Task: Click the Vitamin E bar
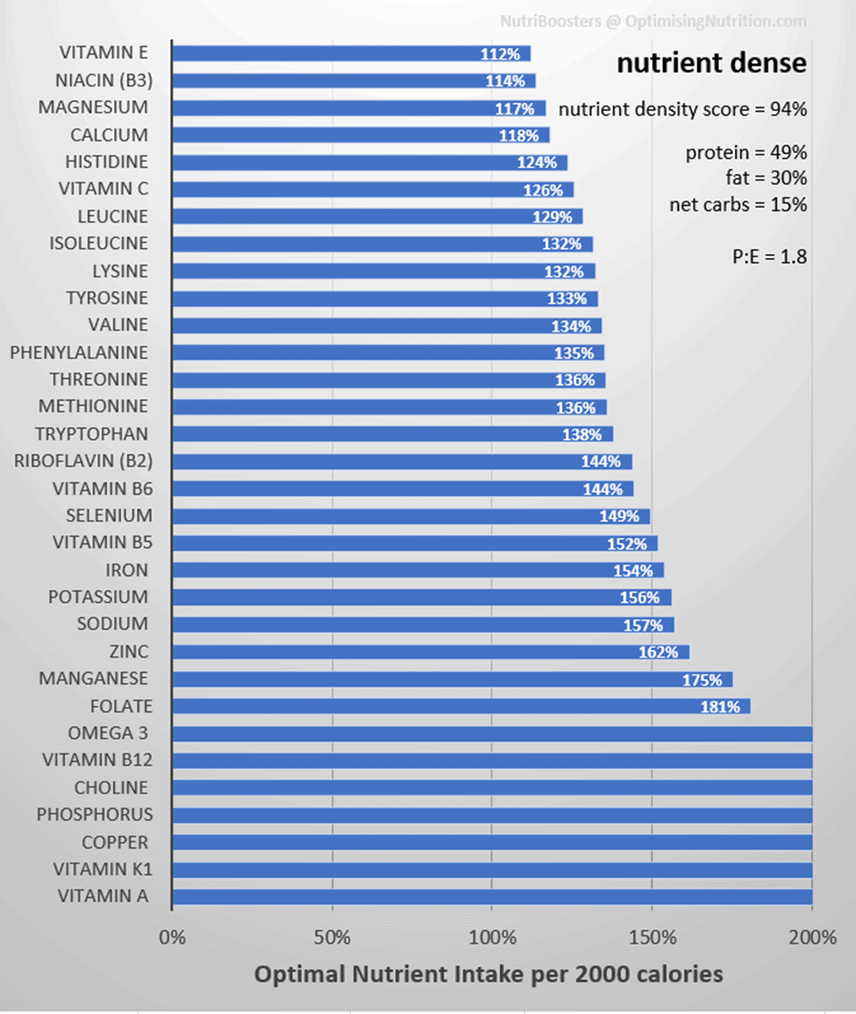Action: point(350,53)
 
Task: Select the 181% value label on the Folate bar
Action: point(720,706)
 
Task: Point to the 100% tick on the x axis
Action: point(491,937)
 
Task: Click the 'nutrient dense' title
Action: point(711,64)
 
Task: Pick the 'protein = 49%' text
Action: point(746,153)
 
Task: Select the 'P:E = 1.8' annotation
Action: point(769,257)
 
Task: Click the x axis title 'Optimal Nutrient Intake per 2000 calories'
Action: point(488,974)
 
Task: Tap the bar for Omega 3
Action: point(491,733)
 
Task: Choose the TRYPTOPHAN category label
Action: point(91,434)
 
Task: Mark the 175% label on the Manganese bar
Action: point(702,680)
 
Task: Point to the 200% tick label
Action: point(811,937)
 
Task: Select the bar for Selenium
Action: point(410,516)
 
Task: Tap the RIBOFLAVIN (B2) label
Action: point(81,461)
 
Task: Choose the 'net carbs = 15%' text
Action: point(738,205)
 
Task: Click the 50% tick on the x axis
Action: point(331,937)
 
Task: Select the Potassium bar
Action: point(421,598)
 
